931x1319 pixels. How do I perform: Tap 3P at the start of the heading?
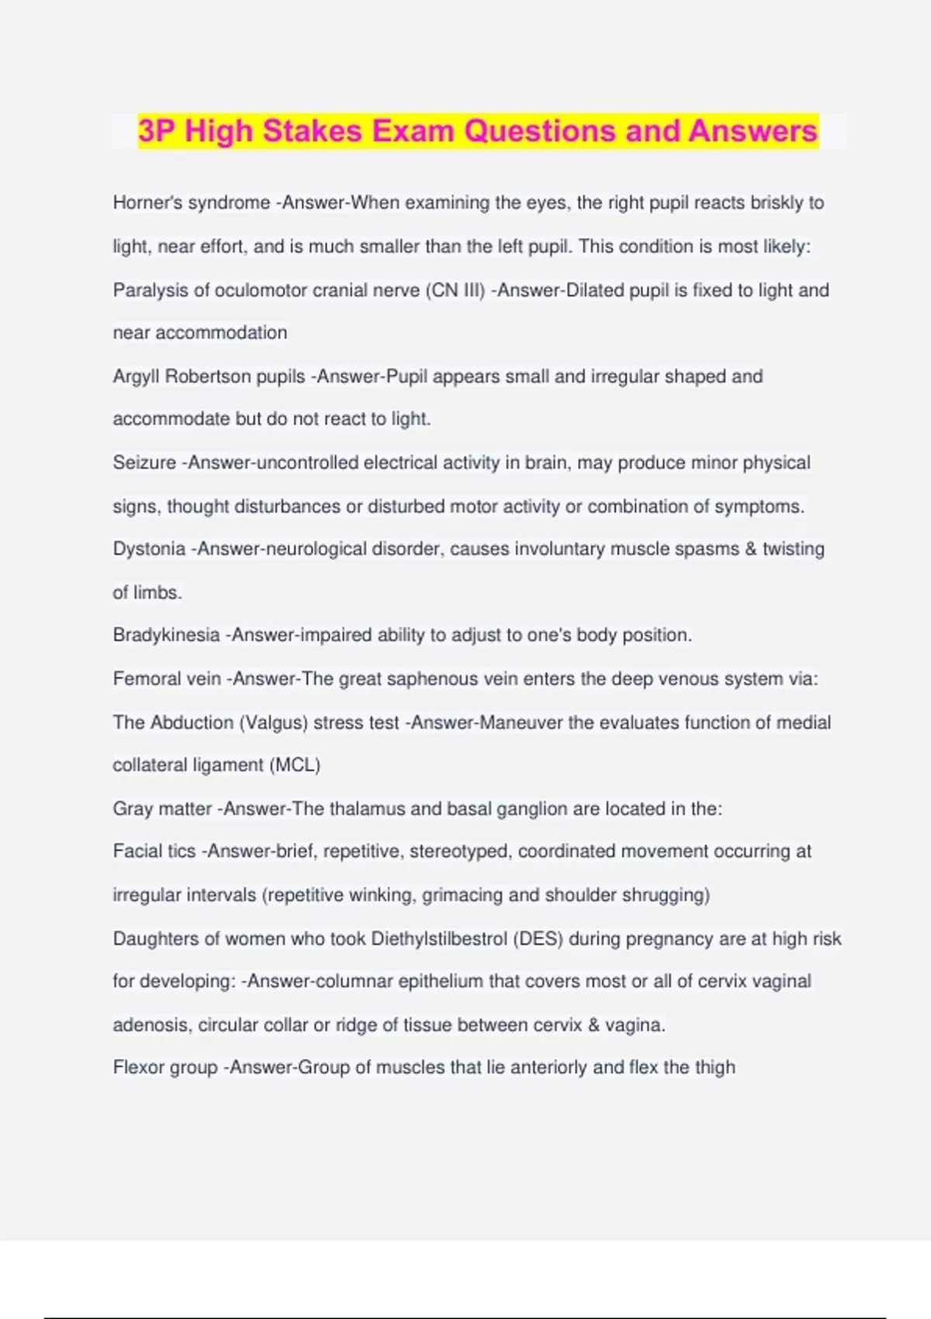click(x=157, y=130)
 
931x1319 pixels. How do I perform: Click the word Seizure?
click(x=144, y=463)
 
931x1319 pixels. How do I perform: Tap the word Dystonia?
click(x=149, y=549)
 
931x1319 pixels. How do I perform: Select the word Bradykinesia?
click(x=166, y=635)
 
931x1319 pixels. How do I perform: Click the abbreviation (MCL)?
click(x=295, y=765)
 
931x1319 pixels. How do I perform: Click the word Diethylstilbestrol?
click(x=439, y=939)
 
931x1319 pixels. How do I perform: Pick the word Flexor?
click(x=139, y=1068)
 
